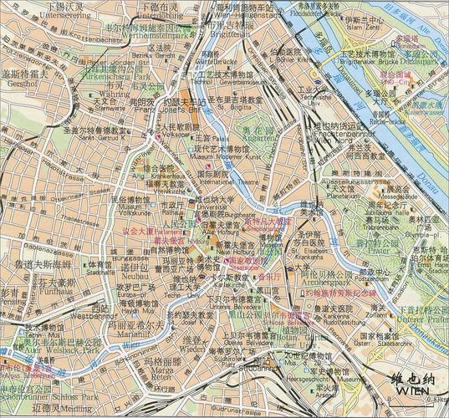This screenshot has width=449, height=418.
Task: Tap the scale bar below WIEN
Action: pos(410,405)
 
